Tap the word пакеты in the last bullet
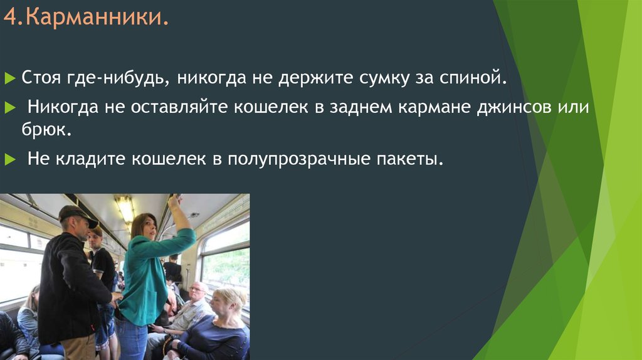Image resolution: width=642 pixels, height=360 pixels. point(409,159)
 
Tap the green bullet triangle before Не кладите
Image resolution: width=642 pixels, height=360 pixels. point(9,160)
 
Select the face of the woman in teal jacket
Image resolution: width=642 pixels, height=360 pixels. point(148,228)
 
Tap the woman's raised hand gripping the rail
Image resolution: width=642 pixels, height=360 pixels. point(174,202)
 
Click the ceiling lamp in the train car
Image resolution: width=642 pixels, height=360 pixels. point(124,207)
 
